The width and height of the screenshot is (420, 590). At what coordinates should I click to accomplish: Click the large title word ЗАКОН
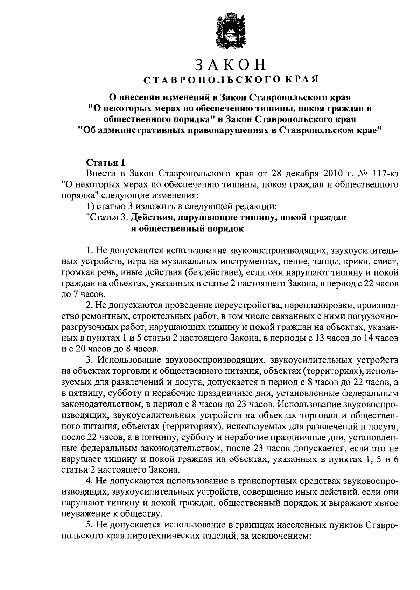[231, 65]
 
